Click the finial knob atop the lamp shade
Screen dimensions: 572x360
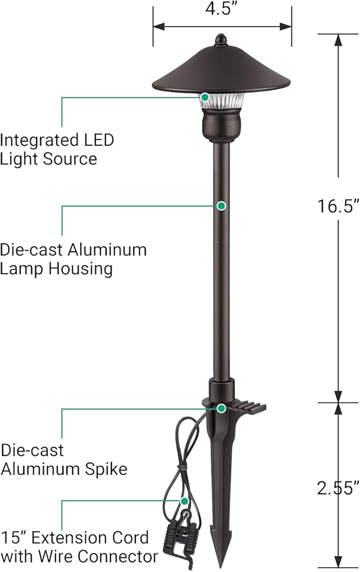pyautogui.click(x=221, y=39)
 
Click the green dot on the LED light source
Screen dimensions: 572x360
pyautogui.click(x=204, y=97)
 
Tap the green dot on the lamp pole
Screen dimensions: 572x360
pyautogui.click(x=222, y=205)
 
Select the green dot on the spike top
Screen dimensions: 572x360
pyautogui.click(x=221, y=408)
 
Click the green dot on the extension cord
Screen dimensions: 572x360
pyautogui.click(x=185, y=500)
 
